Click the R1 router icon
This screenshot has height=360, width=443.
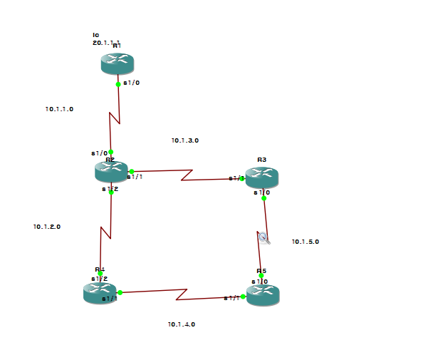pyautogui.click(x=118, y=63)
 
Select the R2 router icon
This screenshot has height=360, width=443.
pyautogui.click(x=112, y=172)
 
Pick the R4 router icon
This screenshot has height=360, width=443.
pyautogui.click(x=100, y=292)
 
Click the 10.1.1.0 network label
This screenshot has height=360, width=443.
pyautogui.click(x=59, y=109)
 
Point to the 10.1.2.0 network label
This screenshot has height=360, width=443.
pyautogui.click(x=47, y=227)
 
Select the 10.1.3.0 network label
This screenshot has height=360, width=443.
pyautogui.click(x=184, y=140)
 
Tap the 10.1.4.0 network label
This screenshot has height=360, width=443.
pyautogui.click(x=182, y=324)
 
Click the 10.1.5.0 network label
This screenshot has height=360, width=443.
pyautogui.click(x=306, y=242)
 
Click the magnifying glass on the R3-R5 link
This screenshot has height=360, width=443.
pyautogui.click(x=264, y=238)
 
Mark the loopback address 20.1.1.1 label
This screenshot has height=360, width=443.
pyautogui.click(x=105, y=43)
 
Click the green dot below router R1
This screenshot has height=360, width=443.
pyautogui.click(x=118, y=84)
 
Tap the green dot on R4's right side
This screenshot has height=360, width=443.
pyautogui.click(x=120, y=292)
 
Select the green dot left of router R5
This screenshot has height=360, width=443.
pyautogui.click(x=243, y=297)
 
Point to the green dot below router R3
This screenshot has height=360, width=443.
pyautogui.click(x=264, y=198)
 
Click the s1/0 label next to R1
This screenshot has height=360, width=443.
pyautogui.click(x=131, y=83)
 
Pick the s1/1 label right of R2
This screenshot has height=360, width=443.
pyautogui.click(x=135, y=177)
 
